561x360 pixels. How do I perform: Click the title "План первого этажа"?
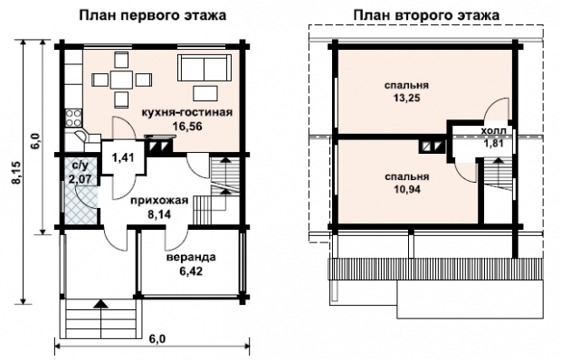pyautogui.click(x=152, y=15)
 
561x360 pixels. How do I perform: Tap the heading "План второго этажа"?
pyautogui.click(x=426, y=15)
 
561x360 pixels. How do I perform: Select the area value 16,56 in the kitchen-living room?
pyautogui.click(x=187, y=127)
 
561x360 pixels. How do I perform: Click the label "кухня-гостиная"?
pyautogui.click(x=187, y=112)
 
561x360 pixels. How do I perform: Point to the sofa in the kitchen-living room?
pyautogui.click(x=204, y=68)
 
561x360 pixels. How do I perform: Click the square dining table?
pyautogui.click(x=121, y=80)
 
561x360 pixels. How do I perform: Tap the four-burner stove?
pyautogui.click(x=73, y=118)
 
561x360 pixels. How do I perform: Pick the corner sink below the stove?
pyautogui.click(x=81, y=137)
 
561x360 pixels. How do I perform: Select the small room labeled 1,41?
pyautogui.click(x=123, y=157)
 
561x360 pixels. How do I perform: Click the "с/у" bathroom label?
pyautogui.click(x=80, y=166)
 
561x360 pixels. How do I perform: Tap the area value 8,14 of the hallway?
pyautogui.click(x=159, y=213)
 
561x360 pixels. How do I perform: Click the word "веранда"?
pyautogui.click(x=192, y=257)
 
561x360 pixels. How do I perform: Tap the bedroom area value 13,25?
pyautogui.click(x=407, y=98)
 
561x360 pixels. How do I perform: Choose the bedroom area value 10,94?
pyautogui.click(x=407, y=189)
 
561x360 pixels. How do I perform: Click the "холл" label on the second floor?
pyautogui.click(x=494, y=131)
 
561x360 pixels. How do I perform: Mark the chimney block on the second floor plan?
pyautogui.click(x=433, y=147)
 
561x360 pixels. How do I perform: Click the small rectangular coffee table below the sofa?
pyautogui.click(x=205, y=93)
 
